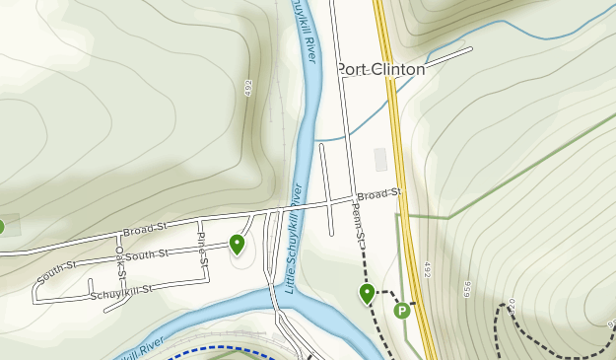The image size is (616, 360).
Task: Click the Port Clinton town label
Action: click(381, 70)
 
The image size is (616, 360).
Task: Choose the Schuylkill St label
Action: click(121, 292)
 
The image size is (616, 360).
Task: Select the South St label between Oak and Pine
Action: click(148, 254)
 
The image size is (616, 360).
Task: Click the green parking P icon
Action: click(402, 311)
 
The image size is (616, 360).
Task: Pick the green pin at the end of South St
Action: click(237, 243)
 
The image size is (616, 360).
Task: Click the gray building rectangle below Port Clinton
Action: click(381, 160)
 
